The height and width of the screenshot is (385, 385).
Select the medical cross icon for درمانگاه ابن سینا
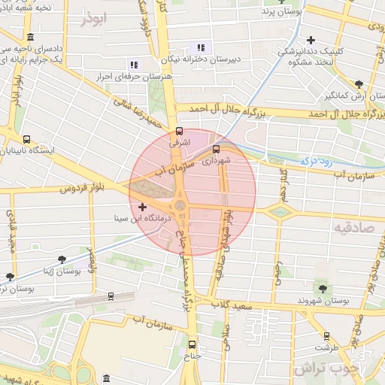click(x=142, y=206)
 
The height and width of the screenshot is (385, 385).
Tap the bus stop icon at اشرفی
click(x=178, y=130)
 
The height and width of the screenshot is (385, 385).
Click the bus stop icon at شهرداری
click(x=217, y=148)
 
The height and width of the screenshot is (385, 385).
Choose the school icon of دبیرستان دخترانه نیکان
click(x=201, y=47)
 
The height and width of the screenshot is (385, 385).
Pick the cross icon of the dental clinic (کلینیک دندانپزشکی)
click(x=311, y=40)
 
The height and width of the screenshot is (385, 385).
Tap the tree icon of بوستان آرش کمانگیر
click(x=359, y=85)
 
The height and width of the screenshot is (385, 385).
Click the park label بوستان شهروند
click(x=324, y=300)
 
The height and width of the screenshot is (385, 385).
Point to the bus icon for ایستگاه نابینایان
click(x=27, y=139)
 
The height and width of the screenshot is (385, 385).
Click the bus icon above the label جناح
click(x=191, y=344)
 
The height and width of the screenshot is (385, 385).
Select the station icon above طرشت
click(x=326, y=336)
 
